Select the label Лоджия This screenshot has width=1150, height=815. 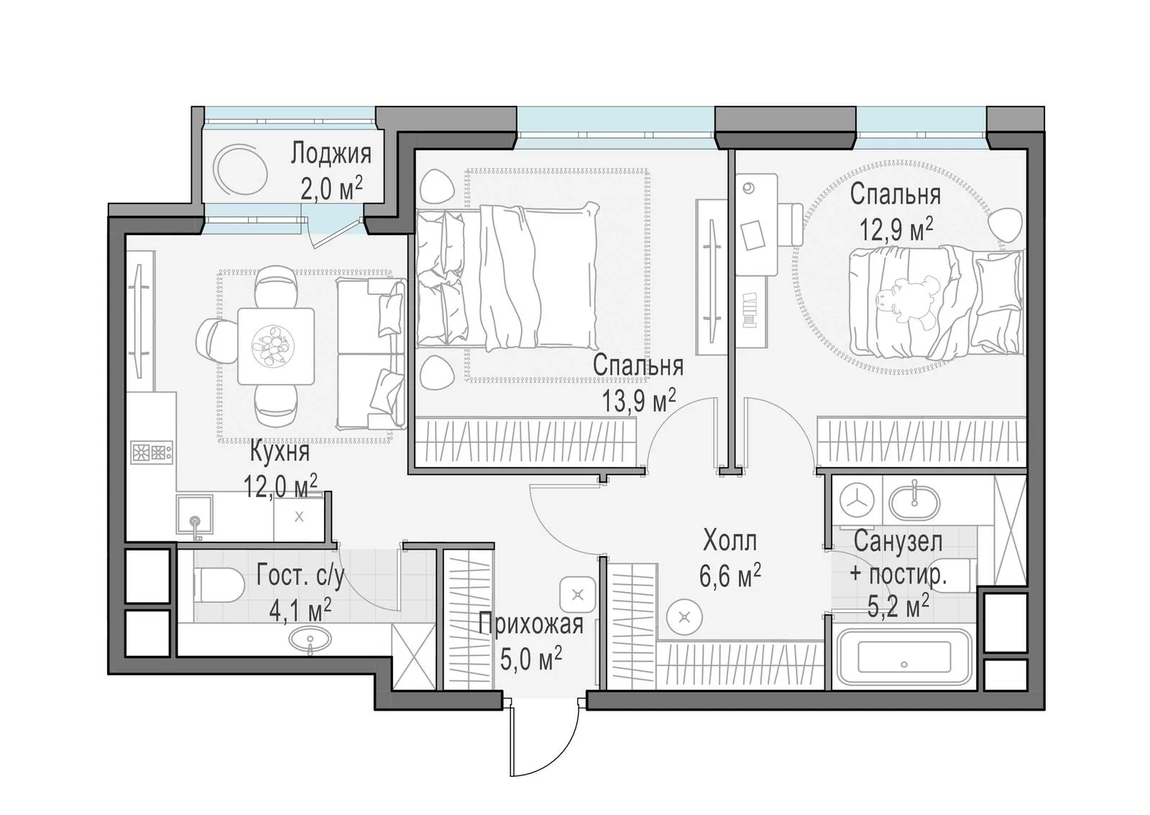tap(331, 154)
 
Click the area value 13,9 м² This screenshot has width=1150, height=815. tap(638, 401)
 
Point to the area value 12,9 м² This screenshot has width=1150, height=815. tap(896, 229)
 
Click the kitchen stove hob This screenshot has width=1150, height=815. tap(152, 452)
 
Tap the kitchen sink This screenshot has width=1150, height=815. tap(195, 514)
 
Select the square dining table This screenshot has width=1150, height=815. tap(276, 346)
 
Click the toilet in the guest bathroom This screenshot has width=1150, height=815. tap(218, 586)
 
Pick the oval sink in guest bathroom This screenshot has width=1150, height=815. tap(310, 639)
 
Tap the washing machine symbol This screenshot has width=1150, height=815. tap(857, 501)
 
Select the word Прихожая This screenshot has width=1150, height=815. tap(531, 624)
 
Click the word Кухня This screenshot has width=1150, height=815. tap(280, 452)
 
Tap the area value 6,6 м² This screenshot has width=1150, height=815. tap(730, 575)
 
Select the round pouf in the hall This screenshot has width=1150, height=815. tap(684, 616)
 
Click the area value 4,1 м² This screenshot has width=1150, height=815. tap(300, 610)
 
